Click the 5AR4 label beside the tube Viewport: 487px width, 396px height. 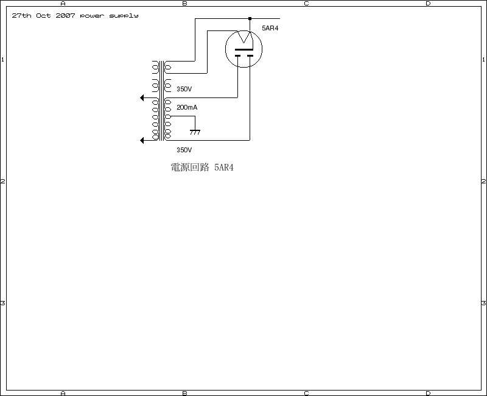(270, 28)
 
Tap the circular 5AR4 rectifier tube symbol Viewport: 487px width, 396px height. (243, 49)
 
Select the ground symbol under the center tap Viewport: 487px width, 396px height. (195, 132)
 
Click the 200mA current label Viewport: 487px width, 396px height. (187, 107)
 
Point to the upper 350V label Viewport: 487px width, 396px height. (184, 89)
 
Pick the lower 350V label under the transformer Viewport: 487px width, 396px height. (184, 150)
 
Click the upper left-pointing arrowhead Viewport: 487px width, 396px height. (142, 97)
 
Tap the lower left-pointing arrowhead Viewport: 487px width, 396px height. (142, 140)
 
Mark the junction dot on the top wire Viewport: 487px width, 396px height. (250, 18)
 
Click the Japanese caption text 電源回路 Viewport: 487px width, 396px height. (190, 168)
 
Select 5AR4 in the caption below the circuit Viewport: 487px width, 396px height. (224, 168)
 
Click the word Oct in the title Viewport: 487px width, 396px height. (43, 15)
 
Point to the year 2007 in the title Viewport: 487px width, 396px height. (65, 15)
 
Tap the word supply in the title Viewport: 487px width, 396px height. (124, 16)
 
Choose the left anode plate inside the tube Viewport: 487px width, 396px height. (237, 56)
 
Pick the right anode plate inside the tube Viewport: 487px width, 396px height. (250, 56)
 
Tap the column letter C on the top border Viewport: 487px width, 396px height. (306, 4)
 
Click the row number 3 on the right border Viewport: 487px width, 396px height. (483, 303)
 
